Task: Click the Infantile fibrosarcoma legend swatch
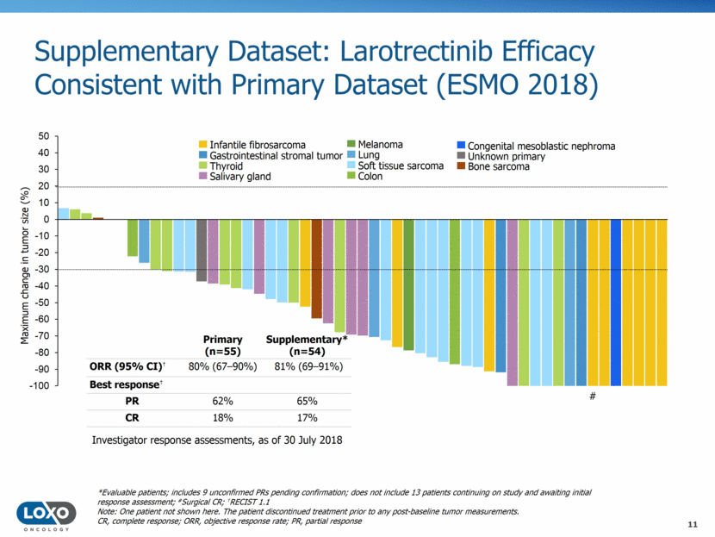pos(202,145)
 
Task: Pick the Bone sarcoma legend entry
pos(499,166)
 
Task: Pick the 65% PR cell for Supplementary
pos(308,401)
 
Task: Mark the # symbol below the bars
pos(593,397)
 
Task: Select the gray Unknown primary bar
pos(202,250)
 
